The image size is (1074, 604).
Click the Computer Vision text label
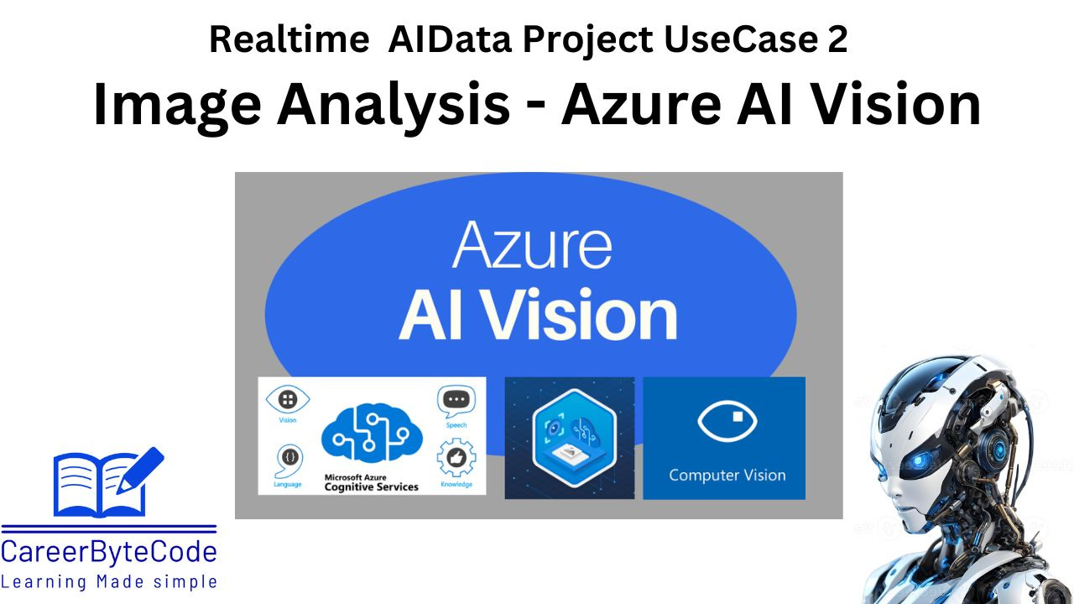pyautogui.click(x=727, y=475)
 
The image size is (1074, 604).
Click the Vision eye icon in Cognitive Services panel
pyautogui.click(x=288, y=399)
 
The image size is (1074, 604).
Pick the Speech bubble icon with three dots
pyautogui.click(x=456, y=400)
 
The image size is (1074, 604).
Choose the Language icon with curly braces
pyautogui.click(x=287, y=459)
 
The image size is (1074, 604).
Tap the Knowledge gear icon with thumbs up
pyautogui.click(x=456, y=459)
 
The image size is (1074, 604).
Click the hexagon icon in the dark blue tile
pyautogui.click(x=570, y=437)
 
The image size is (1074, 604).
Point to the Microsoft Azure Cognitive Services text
pyautogui.click(x=370, y=482)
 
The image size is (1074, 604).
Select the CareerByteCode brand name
pyautogui.click(x=109, y=552)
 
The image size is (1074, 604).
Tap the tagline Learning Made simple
pyautogui.click(x=109, y=581)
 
